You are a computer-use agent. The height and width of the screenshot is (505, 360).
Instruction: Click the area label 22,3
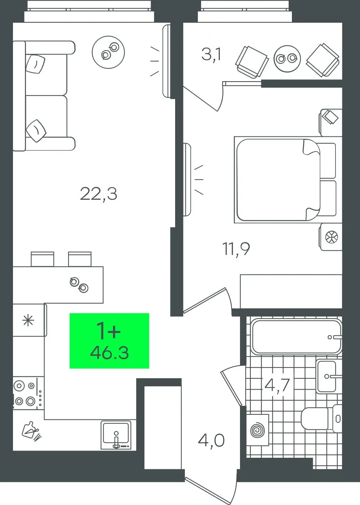click(99, 194)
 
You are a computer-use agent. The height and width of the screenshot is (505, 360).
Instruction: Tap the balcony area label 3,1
click(211, 55)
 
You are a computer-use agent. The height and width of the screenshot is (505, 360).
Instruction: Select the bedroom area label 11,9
click(236, 249)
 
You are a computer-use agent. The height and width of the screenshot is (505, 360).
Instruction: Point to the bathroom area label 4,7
click(277, 385)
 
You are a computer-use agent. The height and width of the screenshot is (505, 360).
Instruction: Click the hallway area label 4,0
click(211, 440)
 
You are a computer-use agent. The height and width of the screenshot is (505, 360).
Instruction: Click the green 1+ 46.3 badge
click(109, 341)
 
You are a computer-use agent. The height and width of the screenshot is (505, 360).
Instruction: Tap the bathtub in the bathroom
click(297, 337)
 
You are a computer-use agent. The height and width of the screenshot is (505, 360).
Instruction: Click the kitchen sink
click(116, 435)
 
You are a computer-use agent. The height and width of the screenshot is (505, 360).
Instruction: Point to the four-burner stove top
click(28, 393)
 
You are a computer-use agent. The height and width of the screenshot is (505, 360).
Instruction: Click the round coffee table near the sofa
click(108, 52)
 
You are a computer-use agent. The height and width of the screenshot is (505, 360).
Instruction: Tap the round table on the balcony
click(287, 58)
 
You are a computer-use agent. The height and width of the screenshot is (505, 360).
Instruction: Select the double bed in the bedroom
click(285, 180)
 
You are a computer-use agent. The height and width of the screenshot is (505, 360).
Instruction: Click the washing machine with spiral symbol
click(258, 430)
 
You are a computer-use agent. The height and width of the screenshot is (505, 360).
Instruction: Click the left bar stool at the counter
click(43, 259)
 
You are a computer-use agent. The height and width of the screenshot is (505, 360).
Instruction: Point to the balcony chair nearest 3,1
click(252, 62)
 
